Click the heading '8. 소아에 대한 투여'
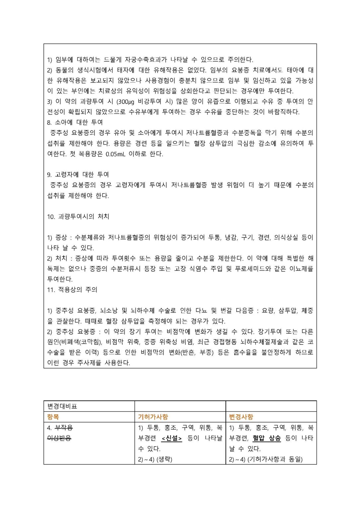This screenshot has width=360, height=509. click(x=75, y=122)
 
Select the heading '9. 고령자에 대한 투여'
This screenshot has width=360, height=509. click(x=78, y=174)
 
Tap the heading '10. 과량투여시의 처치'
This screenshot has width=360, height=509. click(x=78, y=216)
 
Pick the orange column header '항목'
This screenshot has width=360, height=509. click(x=53, y=417)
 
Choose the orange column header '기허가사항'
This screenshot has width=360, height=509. click(x=153, y=417)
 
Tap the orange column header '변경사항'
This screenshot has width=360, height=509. click(x=241, y=417)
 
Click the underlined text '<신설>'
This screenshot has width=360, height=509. click(x=171, y=438)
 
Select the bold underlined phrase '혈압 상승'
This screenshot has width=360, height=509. click(x=267, y=438)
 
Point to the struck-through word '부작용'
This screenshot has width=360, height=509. click(x=64, y=427)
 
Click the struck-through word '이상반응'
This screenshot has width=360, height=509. click(x=59, y=438)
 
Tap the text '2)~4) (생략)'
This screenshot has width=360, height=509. click(x=155, y=459)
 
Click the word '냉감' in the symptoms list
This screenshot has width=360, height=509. click(x=231, y=237)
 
